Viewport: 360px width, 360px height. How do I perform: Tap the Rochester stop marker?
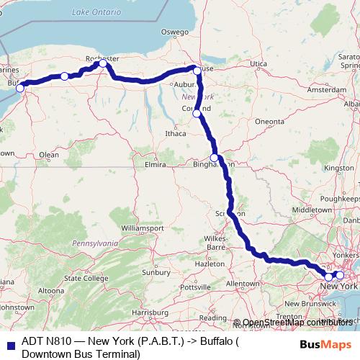tap(103, 63)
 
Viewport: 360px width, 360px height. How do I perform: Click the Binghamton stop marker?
tap(214, 158)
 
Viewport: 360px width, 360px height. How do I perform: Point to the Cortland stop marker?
tap(197, 112)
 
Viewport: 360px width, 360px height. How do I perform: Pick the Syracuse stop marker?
tap(196, 70)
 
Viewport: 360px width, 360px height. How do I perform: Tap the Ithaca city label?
tap(176, 133)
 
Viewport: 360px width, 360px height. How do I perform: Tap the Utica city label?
tap(258, 64)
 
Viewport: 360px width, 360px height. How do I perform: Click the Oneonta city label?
tap(270, 122)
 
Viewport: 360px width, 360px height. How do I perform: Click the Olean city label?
tap(49, 154)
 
